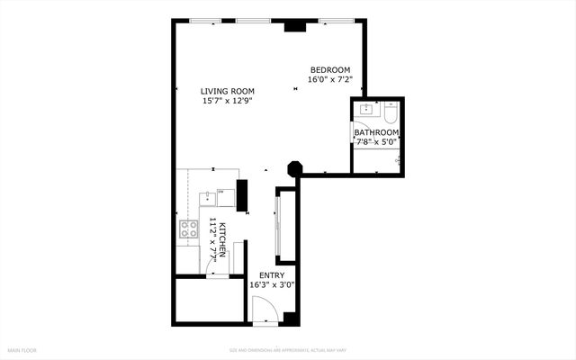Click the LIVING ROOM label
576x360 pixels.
tap(227, 91)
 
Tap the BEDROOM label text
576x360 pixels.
tap(330, 70)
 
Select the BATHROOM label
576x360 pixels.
tap(376, 131)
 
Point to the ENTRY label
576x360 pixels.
tap(272, 275)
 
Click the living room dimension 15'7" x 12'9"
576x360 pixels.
tap(227, 101)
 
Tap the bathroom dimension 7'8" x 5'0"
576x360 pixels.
tap(376, 141)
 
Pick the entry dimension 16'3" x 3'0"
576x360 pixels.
tap(272, 285)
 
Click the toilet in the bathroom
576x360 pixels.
tap(391, 112)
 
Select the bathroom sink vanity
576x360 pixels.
tap(367, 111)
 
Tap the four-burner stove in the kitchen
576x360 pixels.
tap(189, 229)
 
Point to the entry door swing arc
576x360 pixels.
tap(262, 311)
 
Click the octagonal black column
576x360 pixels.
tap(294, 168)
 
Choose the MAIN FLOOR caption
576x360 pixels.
tap(22, 350)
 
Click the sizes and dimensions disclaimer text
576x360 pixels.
tap(287, 350)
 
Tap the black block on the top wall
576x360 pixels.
tap(294, 26)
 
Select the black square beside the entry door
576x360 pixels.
tap(290, 318)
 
